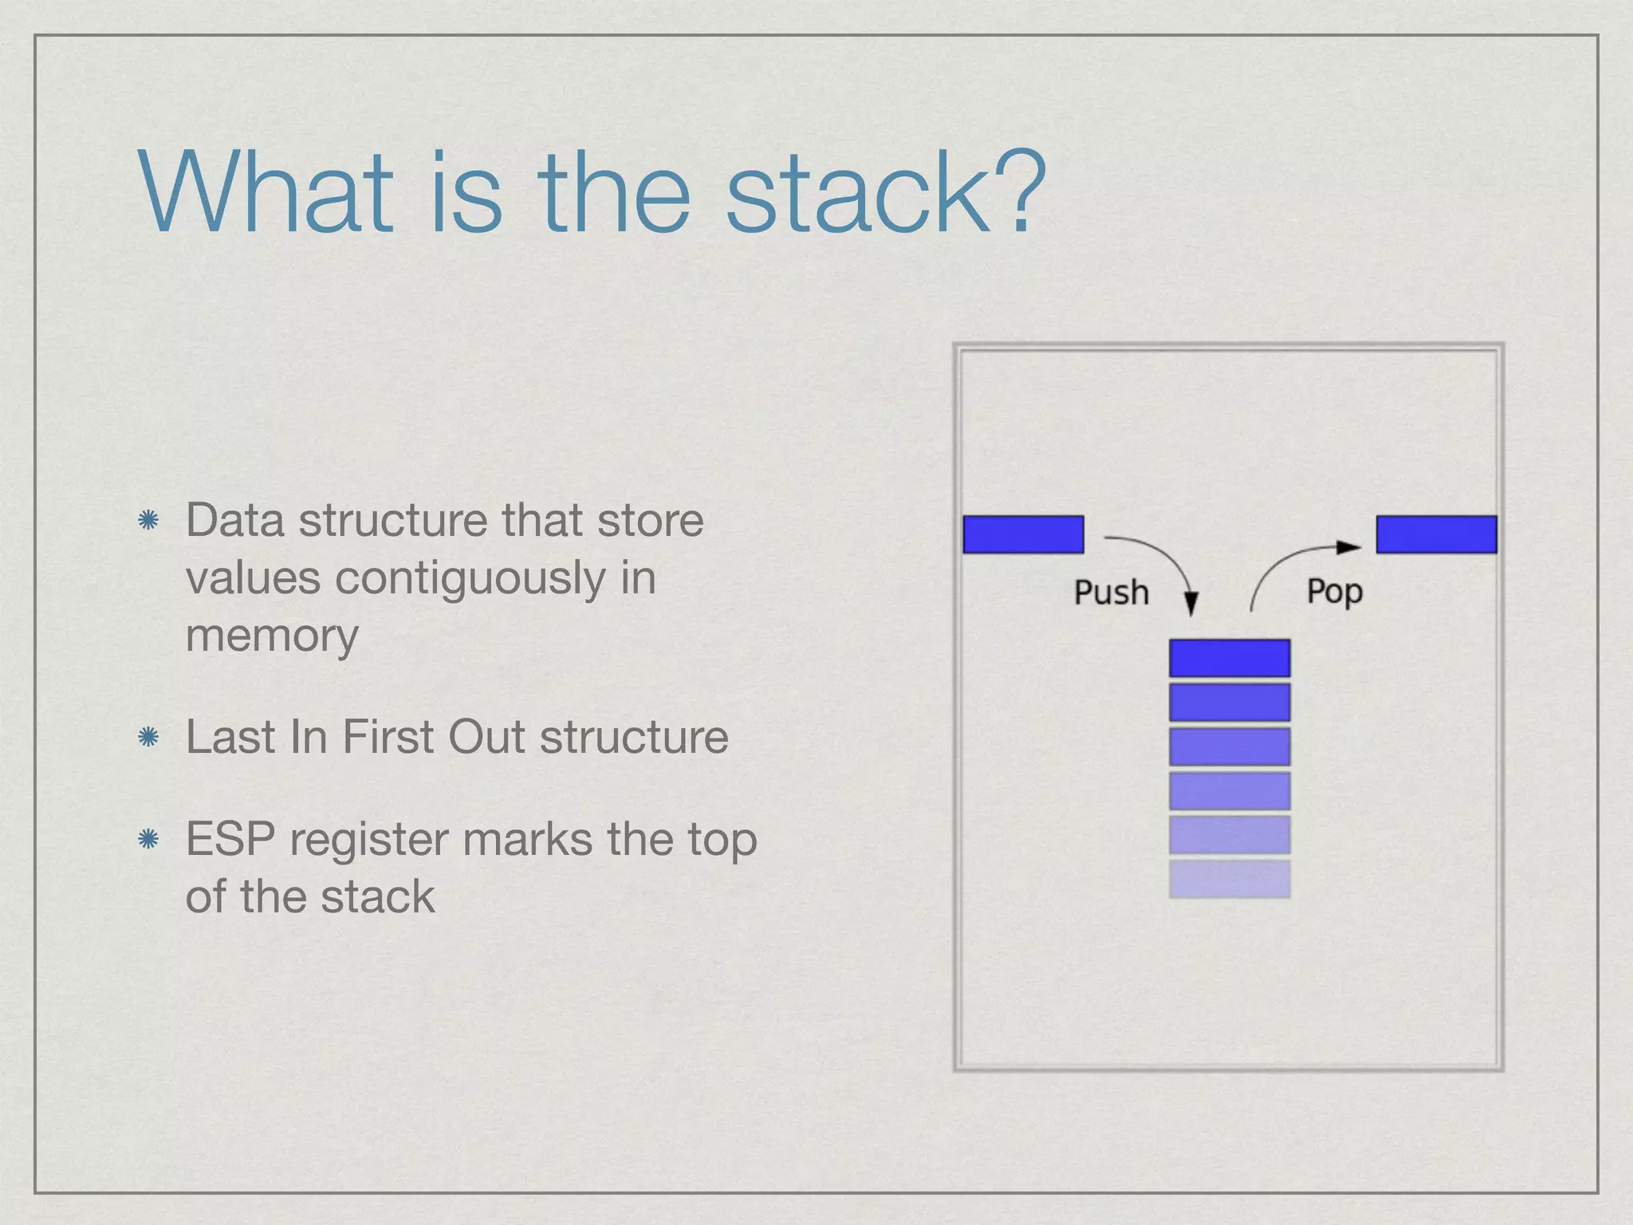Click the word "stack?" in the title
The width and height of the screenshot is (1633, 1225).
coord(885,194)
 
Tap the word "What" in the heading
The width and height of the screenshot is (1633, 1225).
coord(266,194)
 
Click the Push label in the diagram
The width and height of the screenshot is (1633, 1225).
coord(1111,593)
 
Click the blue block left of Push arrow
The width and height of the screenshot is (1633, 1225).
coord(1023,534)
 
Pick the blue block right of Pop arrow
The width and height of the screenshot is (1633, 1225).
coord(1436,534)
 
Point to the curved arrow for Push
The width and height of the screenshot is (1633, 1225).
coord(1164,562)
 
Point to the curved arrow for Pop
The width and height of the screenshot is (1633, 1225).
coord(1284,566)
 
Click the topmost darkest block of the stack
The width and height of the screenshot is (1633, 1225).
coord(1230,658)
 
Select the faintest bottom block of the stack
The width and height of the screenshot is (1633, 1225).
coord(1230,878)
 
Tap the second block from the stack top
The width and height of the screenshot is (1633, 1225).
coord(1230,702)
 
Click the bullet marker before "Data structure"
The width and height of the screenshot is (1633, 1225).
coord(148,522)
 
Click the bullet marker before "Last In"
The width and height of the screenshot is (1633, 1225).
coord(148,737)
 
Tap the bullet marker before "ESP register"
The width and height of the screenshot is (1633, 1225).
coord(148,839)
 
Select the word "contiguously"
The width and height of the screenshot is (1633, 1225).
coord(470,579)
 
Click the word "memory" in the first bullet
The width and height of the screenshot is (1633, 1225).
coord(272,636)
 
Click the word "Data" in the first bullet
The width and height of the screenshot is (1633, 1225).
coord(234,521)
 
